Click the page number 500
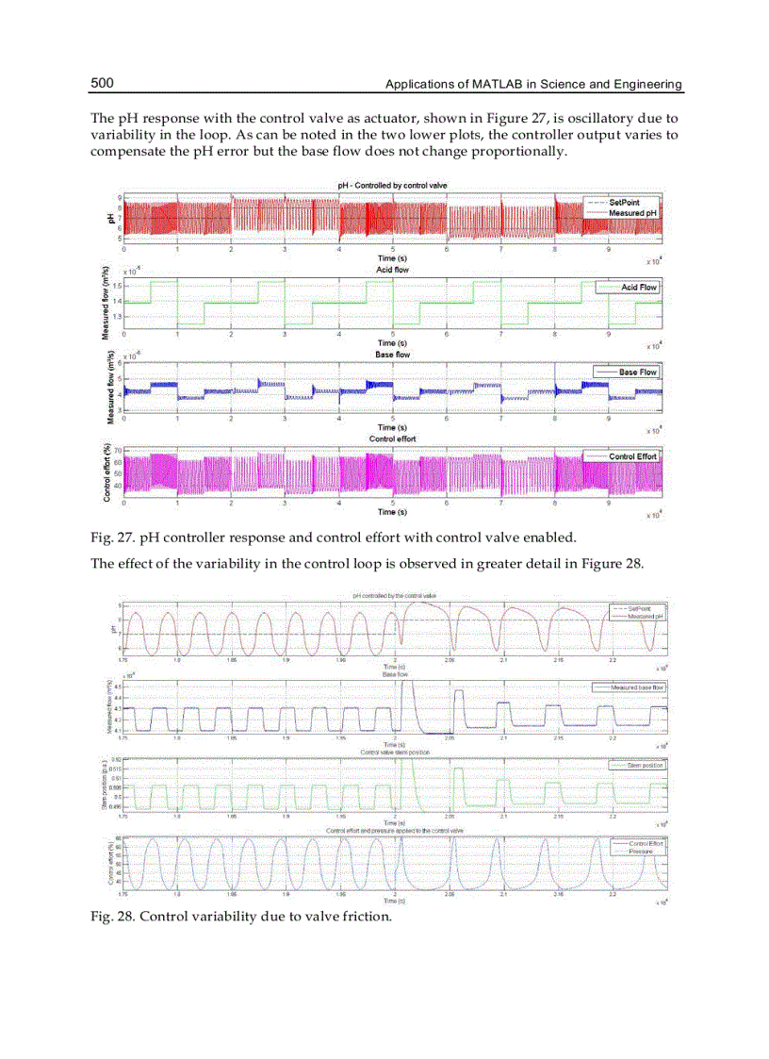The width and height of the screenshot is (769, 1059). pyautogui.click(x=102, y=84)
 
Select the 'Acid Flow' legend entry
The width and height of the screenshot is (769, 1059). pyautogui.click(x=639, y=287)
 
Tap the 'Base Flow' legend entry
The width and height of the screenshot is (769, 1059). pyautogui.click(x=638, y=372)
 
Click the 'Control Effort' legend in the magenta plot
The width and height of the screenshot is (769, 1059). pyautogui.click(x=633, y=456)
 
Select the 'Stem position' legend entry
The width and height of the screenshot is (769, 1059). pyautogui.click(x=646, y=766)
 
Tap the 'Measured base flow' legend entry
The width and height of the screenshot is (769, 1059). pyautogui.click(x=637, y=688)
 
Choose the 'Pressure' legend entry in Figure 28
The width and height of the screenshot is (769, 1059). pyautogui.click(x=641, y=851)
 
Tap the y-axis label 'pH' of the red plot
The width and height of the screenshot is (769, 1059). pyautogui.click(x=110, y=219)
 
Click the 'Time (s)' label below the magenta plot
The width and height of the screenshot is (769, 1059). pyautogui.click(x=392, y=512)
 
